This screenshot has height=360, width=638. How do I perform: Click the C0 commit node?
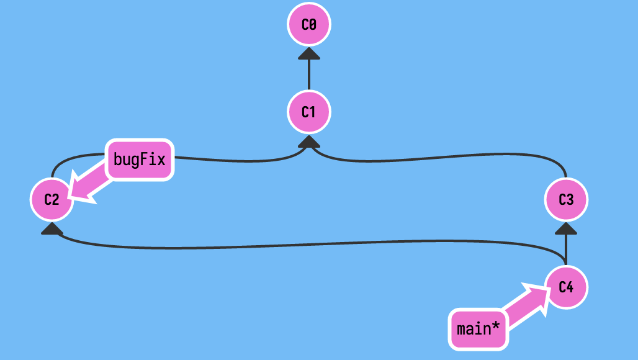(309, 24)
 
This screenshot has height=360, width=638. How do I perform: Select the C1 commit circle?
(309, 112)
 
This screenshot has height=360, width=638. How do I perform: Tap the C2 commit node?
(52, 200)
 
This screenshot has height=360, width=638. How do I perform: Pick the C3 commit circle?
(566, 200)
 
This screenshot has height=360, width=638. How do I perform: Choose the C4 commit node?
(566, 287)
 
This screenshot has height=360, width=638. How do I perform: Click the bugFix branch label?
(140, 160)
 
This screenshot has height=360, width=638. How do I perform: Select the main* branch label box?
(478, 328)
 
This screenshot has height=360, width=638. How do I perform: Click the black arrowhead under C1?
(309, 142)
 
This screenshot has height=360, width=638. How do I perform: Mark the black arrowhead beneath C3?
(566, 228)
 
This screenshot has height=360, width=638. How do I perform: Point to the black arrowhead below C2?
(52, 228)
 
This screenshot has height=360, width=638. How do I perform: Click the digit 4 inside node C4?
(570, 287)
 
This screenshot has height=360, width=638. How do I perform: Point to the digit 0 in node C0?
(313, 24)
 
